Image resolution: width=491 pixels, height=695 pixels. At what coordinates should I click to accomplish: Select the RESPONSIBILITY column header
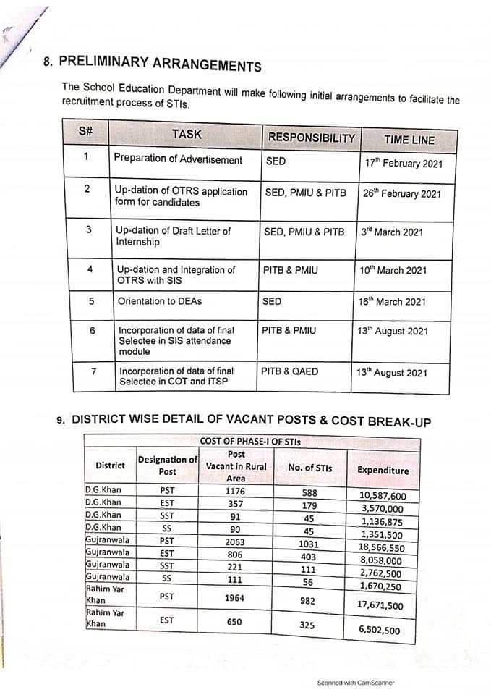point(311,138)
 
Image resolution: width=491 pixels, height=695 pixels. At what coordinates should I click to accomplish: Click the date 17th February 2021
point(403,163)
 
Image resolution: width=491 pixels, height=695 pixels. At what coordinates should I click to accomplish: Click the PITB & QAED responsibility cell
point(289,371)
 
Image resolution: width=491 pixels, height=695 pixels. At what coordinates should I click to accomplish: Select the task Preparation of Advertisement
point(178,159)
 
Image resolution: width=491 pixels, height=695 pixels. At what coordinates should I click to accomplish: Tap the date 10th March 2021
point(393,270)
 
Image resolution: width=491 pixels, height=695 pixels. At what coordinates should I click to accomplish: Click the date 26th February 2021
point(401,193)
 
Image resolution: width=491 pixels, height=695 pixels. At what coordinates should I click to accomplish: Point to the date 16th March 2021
point(392,302)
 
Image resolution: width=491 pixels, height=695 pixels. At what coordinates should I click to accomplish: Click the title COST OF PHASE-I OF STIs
point(249,441)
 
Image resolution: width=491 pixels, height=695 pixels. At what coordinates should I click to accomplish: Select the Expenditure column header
point(383,470)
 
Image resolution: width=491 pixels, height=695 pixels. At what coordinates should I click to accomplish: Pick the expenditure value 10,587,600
point(383,496)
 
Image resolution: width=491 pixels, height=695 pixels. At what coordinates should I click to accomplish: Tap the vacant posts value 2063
point(235,542)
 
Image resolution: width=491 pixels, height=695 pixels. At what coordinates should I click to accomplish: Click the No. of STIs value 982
point(307,600)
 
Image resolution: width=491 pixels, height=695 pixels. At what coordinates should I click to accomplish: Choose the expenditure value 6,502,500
point(379,630)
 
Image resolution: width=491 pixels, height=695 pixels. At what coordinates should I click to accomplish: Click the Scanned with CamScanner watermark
point(356,683)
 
